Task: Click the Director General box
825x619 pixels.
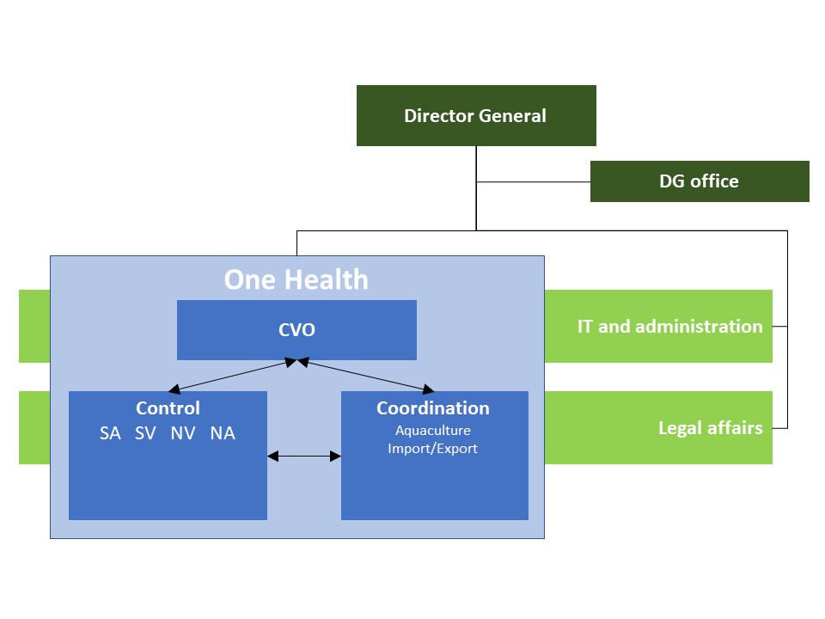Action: point(476,116)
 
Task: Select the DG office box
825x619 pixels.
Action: point(700,181)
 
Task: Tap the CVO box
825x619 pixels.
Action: point(296,330)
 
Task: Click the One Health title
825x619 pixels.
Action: point(296,279)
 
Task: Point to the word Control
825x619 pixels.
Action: point(168,408)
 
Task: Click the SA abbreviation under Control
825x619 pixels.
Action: point(110,433)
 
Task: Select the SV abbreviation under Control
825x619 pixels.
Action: point(145,433)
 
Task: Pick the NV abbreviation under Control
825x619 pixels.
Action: point(182,433)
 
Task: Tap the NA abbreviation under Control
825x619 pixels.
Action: point(223,433)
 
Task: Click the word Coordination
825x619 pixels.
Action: point(433,408)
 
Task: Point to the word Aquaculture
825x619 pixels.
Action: point(433,431)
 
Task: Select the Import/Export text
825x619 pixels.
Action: point(432,449)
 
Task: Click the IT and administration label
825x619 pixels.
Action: point(669,327)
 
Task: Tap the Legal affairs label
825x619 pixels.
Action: point(711,428)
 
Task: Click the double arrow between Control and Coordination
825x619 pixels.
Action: point(304,457)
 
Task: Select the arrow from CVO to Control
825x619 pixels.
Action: point(233,376)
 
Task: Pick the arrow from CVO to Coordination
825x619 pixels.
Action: point(366,376)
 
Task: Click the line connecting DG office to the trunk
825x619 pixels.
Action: point(533,182)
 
